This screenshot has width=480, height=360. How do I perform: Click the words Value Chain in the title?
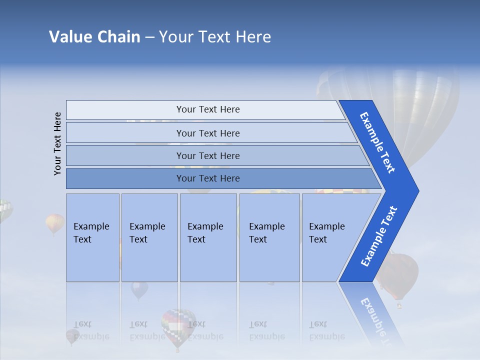(x=94, y=37)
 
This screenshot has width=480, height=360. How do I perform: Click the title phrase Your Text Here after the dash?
(x=215, y=37)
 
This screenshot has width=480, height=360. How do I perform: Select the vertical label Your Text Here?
(x=57, y=143)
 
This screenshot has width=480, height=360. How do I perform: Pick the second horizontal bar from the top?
(x=207, y=133)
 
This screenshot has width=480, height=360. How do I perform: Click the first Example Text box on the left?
(x=92, y=237)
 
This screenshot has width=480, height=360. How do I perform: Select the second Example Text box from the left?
(x=149, y=237)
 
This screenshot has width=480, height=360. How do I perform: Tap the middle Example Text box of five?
(x=208, y=237)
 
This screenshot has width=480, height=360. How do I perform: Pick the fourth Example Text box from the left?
(x=269, y=237)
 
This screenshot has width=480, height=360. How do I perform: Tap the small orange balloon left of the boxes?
(x=55, y=222)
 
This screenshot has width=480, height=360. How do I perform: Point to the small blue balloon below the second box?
(x=139, y=289)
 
